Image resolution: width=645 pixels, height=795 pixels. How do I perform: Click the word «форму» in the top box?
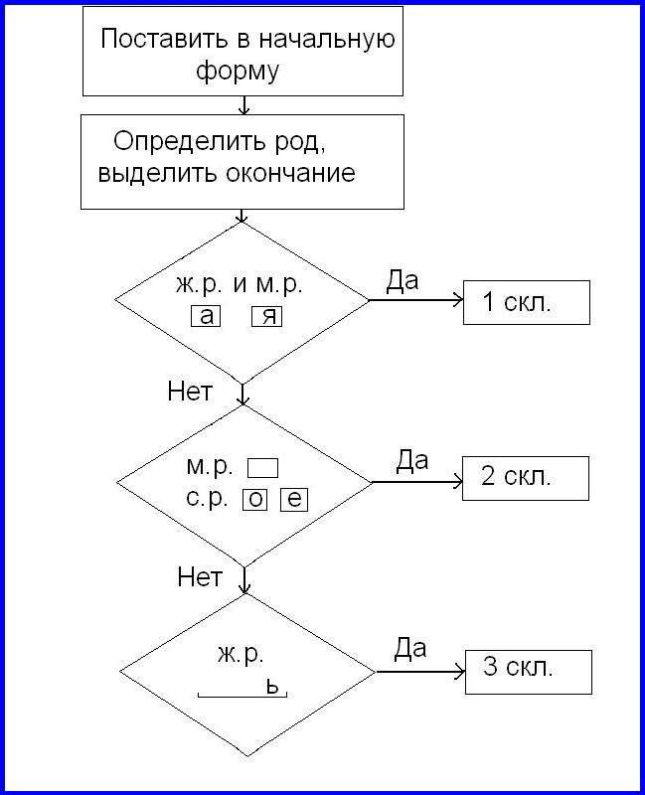[238, 72]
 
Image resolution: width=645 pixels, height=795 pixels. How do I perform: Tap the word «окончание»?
[290, 173]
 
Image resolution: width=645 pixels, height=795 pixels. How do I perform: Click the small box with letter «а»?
[206, 316]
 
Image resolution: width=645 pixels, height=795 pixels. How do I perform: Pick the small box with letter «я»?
[266, 316]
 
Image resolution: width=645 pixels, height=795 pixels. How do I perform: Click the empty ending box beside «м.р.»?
[262, 468]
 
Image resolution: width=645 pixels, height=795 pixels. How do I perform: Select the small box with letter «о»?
[254, 500]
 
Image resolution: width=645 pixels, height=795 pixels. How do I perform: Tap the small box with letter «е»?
[294, 500]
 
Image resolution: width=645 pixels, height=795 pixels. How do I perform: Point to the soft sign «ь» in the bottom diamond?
[272, 688]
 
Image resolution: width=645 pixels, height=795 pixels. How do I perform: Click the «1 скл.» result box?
[527, 303]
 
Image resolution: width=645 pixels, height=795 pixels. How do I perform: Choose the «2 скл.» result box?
[526, 479]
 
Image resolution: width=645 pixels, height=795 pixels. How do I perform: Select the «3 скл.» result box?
[529, 673]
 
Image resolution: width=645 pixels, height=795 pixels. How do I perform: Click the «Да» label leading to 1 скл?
[403, 280]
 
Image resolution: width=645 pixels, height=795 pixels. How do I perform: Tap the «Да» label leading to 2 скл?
[411, 460]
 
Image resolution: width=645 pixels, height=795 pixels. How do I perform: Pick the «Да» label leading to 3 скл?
[410, 648]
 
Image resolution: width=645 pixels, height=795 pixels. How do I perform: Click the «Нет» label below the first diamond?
[190, 392]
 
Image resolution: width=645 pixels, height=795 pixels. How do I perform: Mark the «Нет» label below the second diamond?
[200, 577]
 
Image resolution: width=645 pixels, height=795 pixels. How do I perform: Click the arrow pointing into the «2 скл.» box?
[416, 482]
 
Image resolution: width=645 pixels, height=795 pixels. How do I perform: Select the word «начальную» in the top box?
[327, 40]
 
